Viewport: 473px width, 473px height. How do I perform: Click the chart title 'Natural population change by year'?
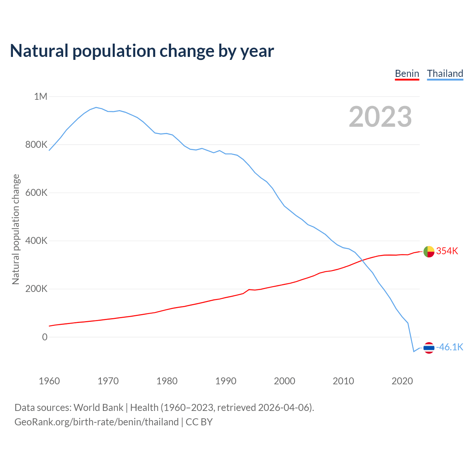[x=142, y=51]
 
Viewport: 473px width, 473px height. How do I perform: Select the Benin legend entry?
[x=407, y=74]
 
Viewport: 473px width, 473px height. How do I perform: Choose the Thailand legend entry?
[x=445, y=74]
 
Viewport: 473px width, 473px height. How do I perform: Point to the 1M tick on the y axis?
[x=41, y=96]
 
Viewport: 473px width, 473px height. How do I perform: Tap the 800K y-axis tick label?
[x=36, y=144]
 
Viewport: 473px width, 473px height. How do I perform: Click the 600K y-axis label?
[x=36, y=193]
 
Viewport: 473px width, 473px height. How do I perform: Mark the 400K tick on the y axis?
[x=36, y=241]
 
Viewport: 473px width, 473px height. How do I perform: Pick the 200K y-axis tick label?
[x=36, y=289]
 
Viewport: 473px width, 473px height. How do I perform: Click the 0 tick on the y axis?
[x=45, y=337]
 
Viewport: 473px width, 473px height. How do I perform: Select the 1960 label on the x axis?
[x=49, y=381]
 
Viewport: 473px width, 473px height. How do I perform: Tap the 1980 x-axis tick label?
[x=167, y=381]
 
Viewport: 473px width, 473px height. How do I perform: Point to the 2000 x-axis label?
[x=285, y=381]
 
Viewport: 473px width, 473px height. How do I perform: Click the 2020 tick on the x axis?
[x=402, y=381]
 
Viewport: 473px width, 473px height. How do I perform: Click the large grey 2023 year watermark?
[x=380, y=117]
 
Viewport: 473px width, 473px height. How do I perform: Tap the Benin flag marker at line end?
[x=429, y=252]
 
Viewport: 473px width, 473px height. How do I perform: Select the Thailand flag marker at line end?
[x=429, y=348]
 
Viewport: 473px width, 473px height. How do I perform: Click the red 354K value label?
[x=447, y=251]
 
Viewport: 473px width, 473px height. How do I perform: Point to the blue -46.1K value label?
[x=450, y=347]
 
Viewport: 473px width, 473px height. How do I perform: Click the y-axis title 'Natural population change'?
[x=16, y=229]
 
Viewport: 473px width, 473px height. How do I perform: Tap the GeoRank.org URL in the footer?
[x=96, y=422]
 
